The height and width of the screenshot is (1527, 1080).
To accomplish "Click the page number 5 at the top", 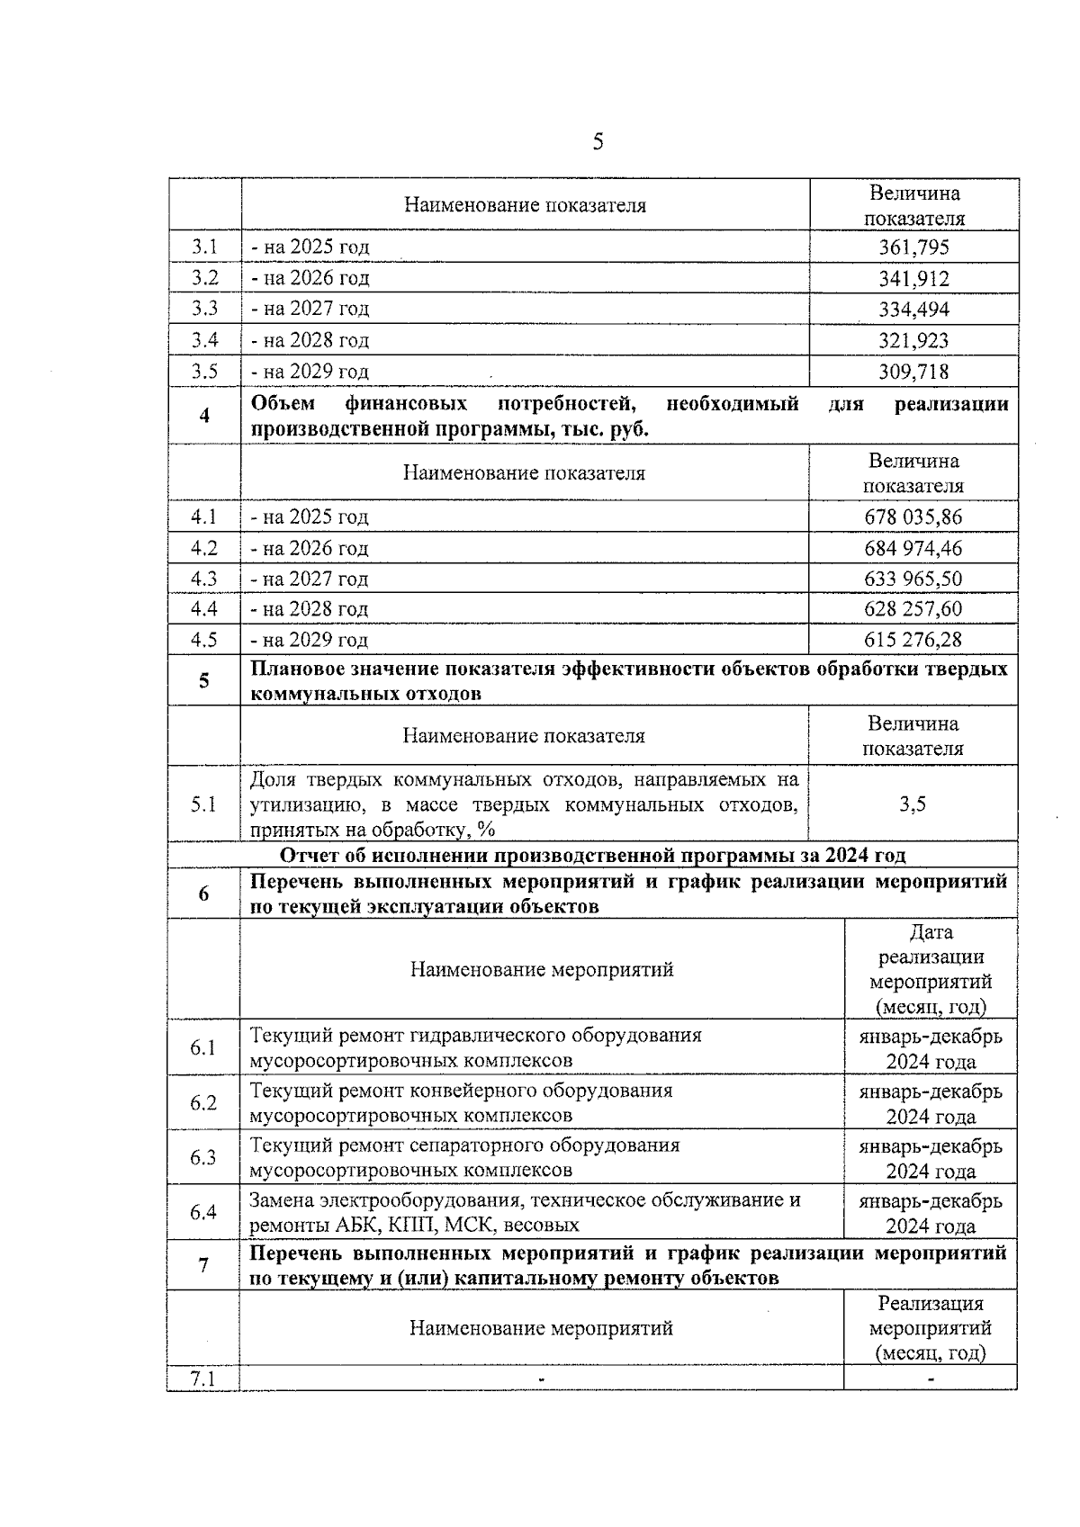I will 598,142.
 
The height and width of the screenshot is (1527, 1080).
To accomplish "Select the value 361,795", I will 913,247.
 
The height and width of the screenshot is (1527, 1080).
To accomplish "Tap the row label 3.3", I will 204,309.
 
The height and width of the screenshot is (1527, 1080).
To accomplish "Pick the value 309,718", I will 913,372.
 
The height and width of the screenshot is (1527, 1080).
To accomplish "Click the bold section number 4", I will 204,417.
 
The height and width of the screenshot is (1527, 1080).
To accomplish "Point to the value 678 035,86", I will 913,517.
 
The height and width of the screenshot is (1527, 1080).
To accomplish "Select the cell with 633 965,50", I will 913,579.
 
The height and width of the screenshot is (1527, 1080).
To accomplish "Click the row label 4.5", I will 204,640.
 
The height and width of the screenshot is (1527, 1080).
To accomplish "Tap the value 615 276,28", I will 913,640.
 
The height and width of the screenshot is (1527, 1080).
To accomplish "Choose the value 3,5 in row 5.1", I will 913,804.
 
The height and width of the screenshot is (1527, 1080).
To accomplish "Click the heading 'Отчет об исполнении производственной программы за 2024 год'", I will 592,855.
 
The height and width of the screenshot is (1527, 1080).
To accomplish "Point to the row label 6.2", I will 203,1103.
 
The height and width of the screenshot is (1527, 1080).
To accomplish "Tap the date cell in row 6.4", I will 931,1213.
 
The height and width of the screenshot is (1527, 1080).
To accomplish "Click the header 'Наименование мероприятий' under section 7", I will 541,1329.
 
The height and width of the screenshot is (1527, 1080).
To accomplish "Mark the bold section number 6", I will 203,894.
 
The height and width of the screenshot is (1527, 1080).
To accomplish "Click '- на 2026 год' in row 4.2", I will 310,549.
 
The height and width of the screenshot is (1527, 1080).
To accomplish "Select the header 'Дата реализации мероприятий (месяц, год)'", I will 931,970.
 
